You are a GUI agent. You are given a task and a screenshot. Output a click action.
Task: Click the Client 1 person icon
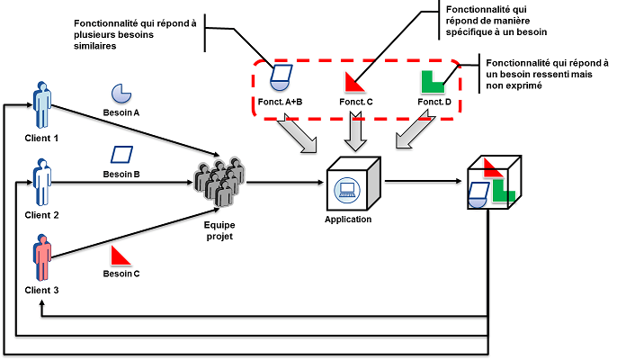[41, 106]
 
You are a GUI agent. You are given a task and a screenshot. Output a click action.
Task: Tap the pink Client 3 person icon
[41, 257]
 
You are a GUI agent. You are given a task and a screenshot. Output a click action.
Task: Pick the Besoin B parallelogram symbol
[121, 153]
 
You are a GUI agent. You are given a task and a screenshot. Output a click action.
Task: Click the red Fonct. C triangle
[354, 82]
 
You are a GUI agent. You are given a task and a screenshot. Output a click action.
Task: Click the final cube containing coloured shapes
[489, 183]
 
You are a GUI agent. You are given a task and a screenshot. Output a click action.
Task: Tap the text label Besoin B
[121, 173]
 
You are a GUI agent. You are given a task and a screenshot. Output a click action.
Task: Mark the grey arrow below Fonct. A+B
[297, 134]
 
